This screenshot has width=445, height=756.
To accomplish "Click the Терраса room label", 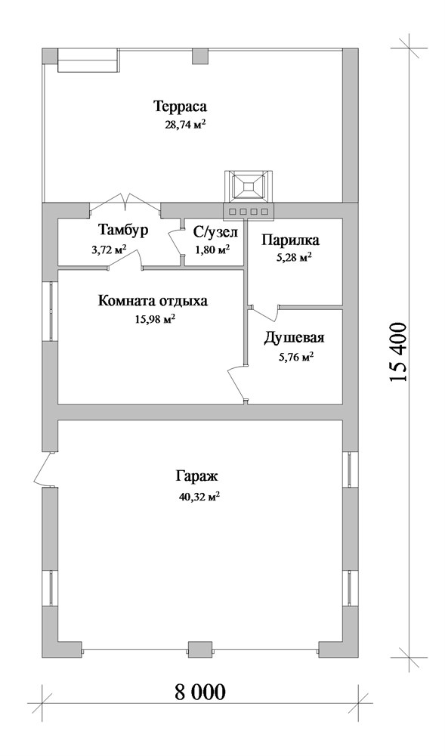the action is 180,106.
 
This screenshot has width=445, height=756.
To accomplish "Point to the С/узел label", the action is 216,234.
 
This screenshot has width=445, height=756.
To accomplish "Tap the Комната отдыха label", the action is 153,302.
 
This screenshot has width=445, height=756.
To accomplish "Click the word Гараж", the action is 197,477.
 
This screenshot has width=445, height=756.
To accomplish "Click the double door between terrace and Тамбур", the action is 125,202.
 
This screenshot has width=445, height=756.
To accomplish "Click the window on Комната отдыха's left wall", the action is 51,311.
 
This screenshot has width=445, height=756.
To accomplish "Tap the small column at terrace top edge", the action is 199,56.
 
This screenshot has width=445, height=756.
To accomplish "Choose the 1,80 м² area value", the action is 212,249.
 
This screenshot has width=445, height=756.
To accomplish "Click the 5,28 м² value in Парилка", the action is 293,258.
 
